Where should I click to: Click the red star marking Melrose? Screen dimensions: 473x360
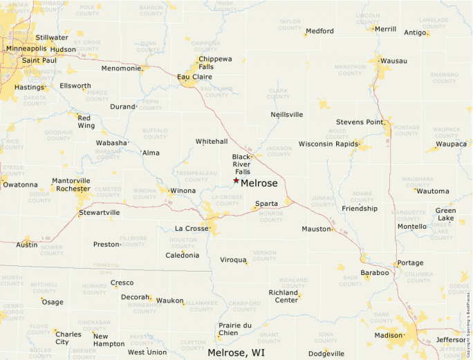(236, 180)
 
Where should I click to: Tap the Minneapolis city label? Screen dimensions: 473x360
(26, 49)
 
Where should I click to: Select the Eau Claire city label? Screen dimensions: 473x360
(194, 77)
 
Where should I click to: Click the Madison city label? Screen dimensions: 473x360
(388, 336)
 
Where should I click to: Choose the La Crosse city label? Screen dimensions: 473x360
(192, 229)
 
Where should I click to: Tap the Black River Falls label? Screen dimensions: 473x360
(245, 164)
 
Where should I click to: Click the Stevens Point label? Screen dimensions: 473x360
(360, 122)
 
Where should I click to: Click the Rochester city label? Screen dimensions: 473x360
(73, 189)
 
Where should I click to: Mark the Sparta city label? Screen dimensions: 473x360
(267, 204)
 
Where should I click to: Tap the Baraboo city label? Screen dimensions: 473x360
(374, 273)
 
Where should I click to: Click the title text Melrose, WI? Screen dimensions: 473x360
(236, 352)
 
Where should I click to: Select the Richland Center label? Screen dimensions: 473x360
(283, 296)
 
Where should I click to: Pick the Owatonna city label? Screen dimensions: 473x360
(21, 184)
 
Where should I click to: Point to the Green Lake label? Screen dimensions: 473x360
(445, 214)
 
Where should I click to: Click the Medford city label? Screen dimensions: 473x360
(319, 31)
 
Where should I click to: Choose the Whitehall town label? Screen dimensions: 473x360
(212, 141)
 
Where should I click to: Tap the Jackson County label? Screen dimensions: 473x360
(279, 150)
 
